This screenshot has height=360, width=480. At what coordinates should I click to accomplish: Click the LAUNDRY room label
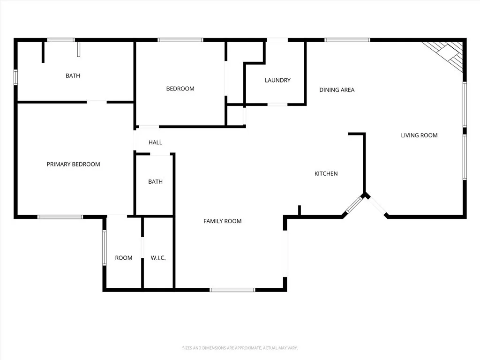tap(277, 80)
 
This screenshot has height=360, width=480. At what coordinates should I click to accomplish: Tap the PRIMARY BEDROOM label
tap(73, 164)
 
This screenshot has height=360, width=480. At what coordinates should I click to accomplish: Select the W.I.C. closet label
tap(158, 258)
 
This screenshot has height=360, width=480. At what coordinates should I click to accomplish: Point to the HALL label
tap(155, 142)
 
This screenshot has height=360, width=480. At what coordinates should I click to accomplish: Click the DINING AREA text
tap(337, 90)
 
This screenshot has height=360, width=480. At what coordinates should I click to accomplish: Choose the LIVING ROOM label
tap(419, 135)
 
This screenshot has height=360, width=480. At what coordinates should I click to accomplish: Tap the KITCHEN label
tap(326, 173)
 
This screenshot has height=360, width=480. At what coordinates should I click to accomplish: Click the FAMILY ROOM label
tap(222, 221)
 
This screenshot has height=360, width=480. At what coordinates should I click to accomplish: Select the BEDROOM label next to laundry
tap(180, 89)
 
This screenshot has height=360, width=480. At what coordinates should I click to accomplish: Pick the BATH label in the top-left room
tap(73, 75)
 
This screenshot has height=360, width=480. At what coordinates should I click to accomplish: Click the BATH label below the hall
tap(155, 181)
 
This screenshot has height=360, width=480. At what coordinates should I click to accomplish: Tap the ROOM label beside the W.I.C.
tap(124, 258)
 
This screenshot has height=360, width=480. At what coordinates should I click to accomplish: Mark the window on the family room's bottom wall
tap(232, 290)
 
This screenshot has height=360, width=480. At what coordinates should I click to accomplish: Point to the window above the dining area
tap(347, 40)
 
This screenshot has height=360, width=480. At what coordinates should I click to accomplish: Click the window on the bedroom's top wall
tap(180, 40)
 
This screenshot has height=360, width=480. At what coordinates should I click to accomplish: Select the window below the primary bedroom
tap(60, 217)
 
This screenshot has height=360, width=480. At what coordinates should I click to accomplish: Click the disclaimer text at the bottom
tap(240, 348)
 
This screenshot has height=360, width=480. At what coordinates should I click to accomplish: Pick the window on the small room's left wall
tap(104, 248)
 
